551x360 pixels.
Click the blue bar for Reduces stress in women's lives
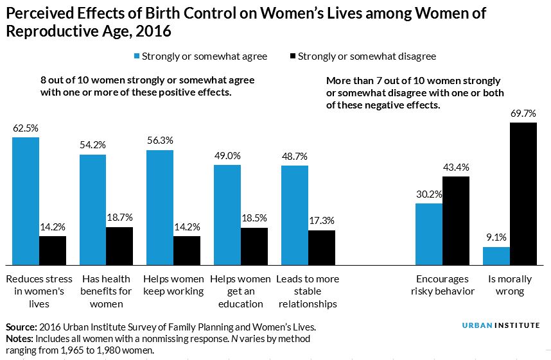(x=26, y=201)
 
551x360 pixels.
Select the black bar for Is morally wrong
(x=523, y=193)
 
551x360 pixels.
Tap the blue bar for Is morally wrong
(x=496, y=255)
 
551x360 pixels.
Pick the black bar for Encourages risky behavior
(x=456, y=220)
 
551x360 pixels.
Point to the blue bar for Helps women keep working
(x=160, y=207)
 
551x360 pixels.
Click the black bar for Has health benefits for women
(x=119, y=246)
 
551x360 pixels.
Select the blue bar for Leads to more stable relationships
(x=295, y=215)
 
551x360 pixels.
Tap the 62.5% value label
(x=26, y=128)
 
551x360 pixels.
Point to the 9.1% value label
(x=496, y=238)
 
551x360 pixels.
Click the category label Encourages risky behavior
(x=445, y=285)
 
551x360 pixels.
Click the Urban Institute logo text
(x=501, y=325)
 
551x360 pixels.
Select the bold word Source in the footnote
(x=20, y=327)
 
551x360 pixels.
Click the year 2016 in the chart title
(x=153, y=30)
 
